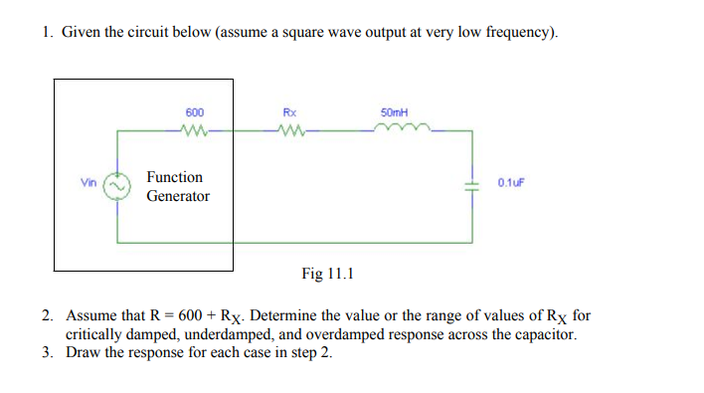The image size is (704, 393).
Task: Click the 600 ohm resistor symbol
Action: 195,128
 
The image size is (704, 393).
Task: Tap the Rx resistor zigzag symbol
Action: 290,128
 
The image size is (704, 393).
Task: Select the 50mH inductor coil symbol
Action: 398,127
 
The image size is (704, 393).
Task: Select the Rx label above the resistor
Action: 289,112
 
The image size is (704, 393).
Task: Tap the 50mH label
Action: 395,112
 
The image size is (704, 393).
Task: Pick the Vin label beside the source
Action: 88,182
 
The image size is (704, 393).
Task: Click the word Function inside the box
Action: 175,177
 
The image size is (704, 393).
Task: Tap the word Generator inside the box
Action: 178,196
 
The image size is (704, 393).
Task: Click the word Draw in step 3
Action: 84,353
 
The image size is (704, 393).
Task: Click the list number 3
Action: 47,353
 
